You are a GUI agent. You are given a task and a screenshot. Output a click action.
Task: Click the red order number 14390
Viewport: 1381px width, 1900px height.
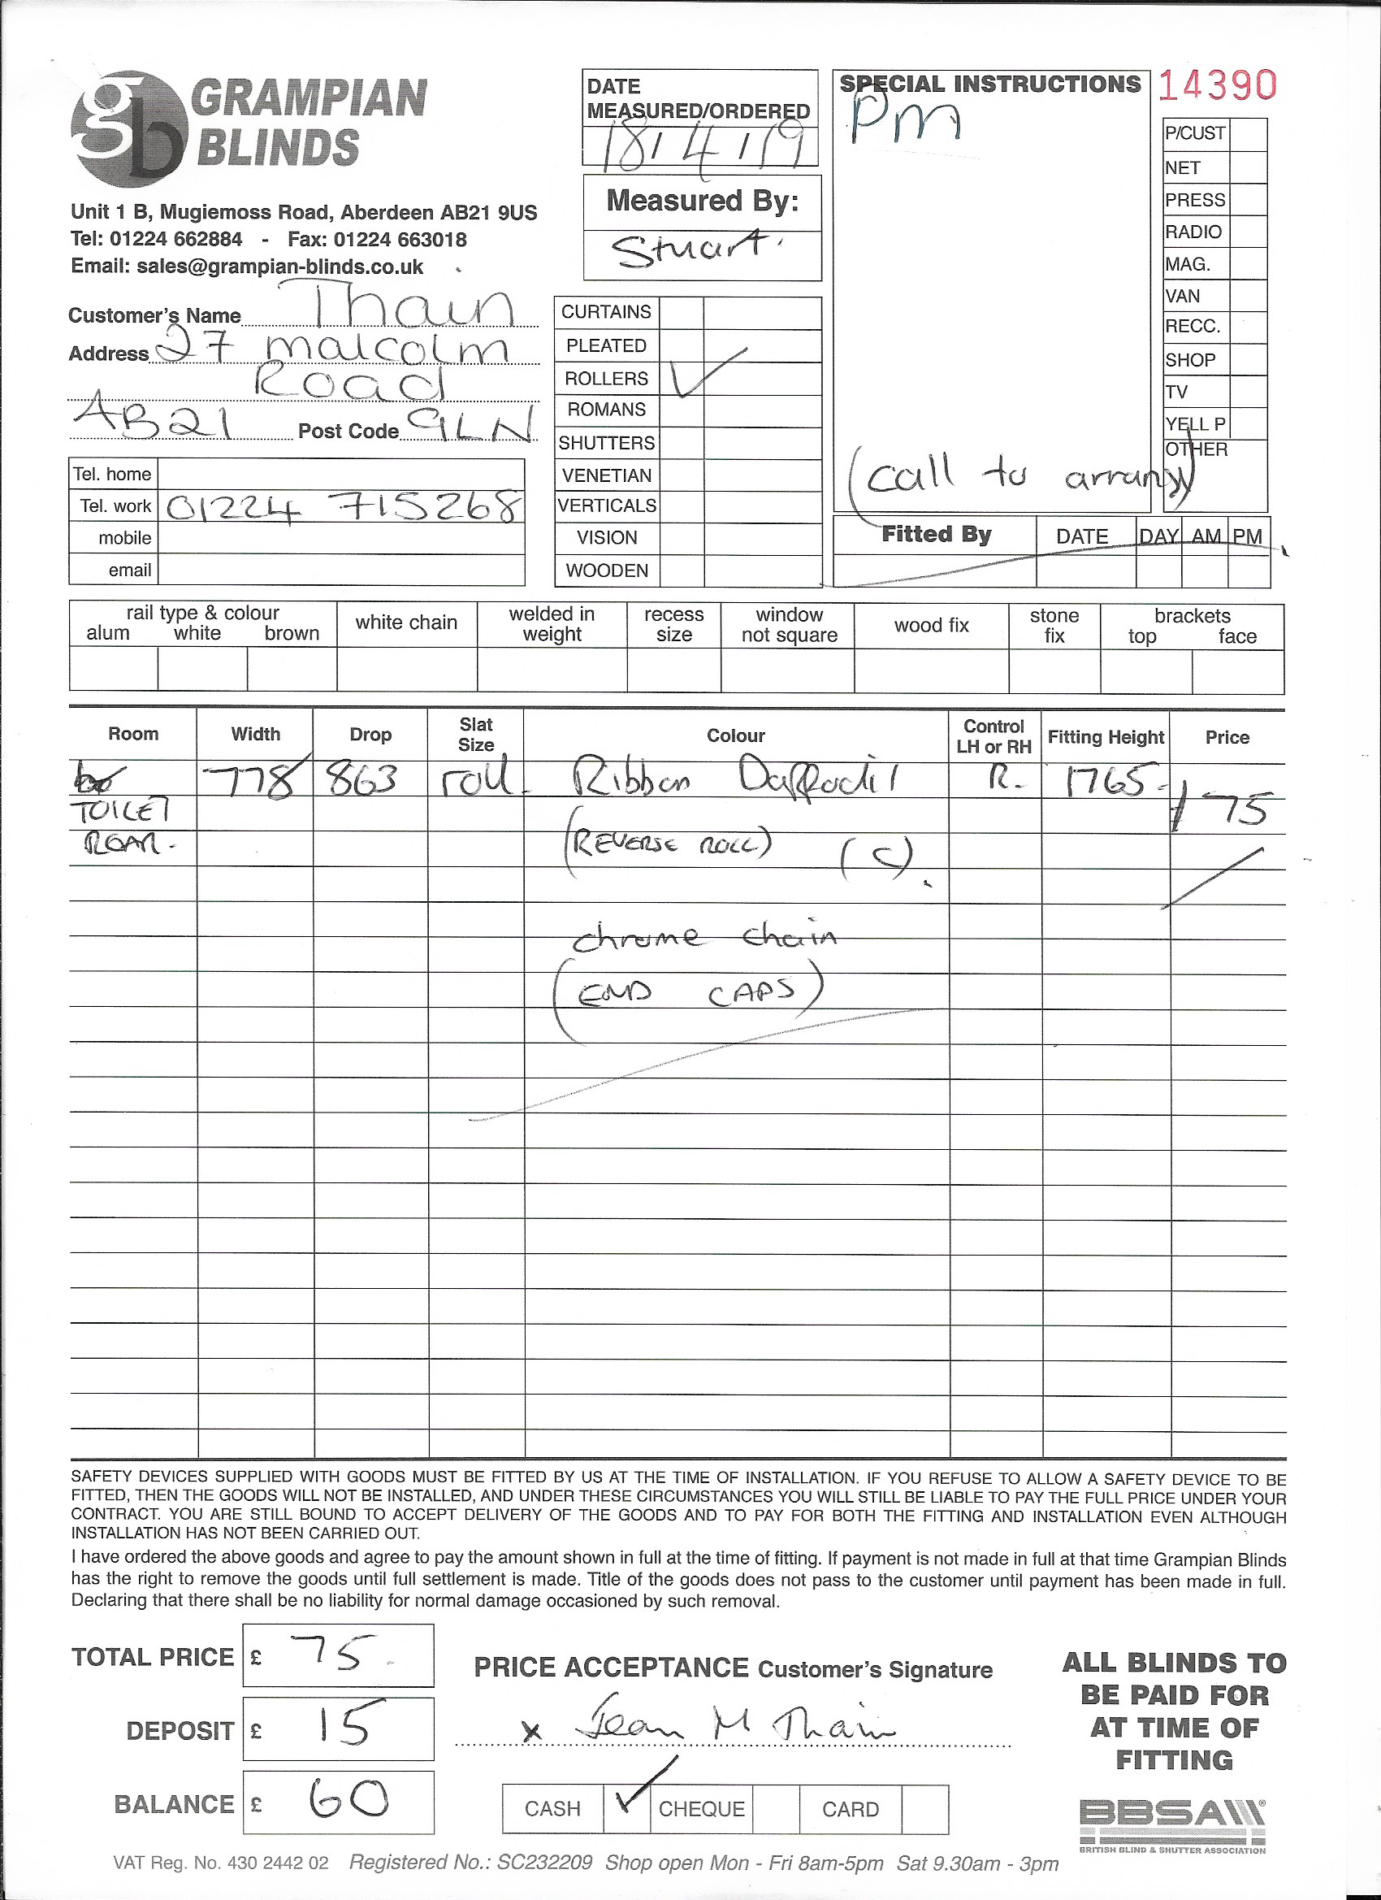[x=1218, y=85]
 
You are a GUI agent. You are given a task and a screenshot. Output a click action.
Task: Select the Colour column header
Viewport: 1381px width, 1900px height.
[x=735, y=735]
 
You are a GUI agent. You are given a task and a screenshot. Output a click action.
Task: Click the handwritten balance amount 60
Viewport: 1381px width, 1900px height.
[x=348, y=1799]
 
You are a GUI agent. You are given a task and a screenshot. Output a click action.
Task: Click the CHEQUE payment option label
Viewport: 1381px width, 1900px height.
[x=701, y=1809]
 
